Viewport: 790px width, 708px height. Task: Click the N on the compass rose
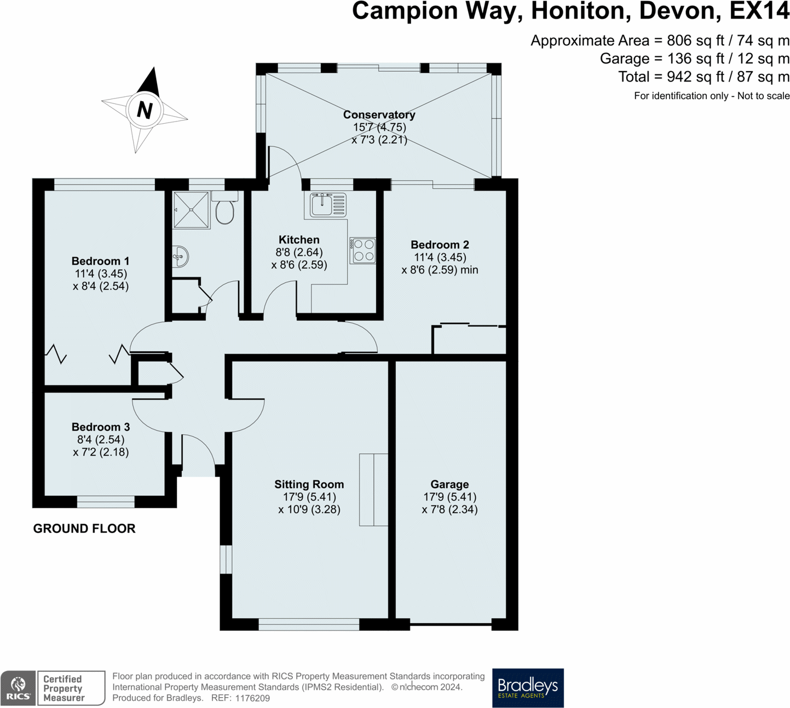(145, 111)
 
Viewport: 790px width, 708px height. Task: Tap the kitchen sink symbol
(328, 205)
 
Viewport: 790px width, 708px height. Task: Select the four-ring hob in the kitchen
(362, 251)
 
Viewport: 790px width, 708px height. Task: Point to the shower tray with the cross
(192, 209)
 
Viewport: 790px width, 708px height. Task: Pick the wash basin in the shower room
(180, 257)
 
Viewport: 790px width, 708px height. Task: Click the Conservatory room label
(379, 114)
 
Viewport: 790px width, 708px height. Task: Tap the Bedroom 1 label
(100, 261)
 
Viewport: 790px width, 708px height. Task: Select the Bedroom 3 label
(101, 427)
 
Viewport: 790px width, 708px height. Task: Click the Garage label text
(449, 484)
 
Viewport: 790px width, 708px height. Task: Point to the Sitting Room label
(309, 484)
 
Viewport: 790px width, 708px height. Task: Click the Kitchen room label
(299, 240)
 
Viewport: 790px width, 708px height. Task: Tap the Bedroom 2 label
(440, 245)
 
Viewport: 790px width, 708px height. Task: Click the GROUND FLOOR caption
(84, 529)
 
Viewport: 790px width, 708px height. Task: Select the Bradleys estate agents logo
(528, 688)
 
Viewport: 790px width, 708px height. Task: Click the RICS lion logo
(18, 688)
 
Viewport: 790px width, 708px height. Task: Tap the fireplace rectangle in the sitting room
(373, 490)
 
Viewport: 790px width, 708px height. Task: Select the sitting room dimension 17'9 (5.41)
(310, 497)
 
